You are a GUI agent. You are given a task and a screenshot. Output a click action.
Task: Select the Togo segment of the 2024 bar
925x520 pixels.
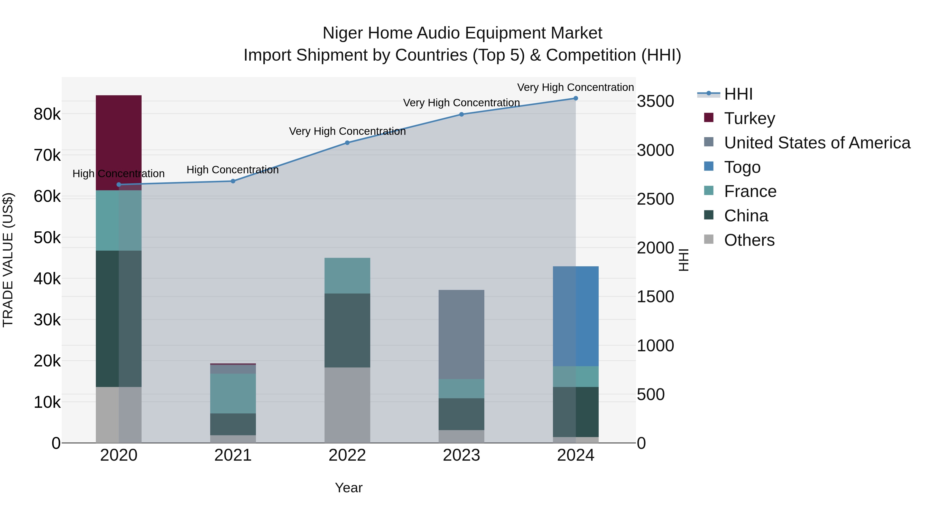pyautogui.click(x=576, y=316)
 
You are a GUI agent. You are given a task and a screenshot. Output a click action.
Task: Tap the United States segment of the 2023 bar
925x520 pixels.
pyautogui.click(x=461, y=334)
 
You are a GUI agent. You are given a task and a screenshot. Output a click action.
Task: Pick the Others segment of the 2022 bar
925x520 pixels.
pyautogui.click(x=347, y=405)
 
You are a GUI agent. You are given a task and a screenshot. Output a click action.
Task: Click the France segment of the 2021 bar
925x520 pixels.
pyautogui.click(x=233, y=393)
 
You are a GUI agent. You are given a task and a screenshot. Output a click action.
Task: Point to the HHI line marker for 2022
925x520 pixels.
pyautogui.click(x=347, y=143)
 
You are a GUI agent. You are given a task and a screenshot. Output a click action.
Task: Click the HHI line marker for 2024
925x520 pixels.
pyautogui.click(x=576, y=98)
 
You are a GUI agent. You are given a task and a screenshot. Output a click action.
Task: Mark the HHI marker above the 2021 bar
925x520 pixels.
pyautogui.click(x=233, y=181)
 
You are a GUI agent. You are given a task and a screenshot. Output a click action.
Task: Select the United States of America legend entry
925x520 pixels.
pyautogui.click(x=817, y=143)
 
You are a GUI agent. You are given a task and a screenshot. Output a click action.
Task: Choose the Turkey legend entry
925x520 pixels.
pyautogui.click(x=750, y=118)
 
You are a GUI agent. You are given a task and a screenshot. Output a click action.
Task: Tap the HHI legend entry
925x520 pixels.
pyautogui.click(x=738, y=94)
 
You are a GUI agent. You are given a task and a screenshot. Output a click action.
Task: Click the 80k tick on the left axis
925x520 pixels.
pyautogui.click(x=47, y=115)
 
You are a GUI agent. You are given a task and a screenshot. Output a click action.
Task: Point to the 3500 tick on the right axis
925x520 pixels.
pyautogui.click(x=655, y=101)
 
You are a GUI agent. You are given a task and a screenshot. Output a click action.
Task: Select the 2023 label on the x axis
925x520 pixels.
pyautogui.click(x=461, y=455)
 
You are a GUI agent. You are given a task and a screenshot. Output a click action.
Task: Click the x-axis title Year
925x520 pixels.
pyautogui.click(x=349, y=488)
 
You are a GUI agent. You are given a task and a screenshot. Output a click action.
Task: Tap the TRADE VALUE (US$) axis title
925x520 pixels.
pyautogui.click(x=8, y=260)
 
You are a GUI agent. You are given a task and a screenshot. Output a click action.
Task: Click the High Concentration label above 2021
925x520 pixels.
pyautogui.click(x=233, y=170)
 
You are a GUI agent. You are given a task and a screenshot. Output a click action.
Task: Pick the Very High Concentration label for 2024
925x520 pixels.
pyautogui.click(x=575, y=87)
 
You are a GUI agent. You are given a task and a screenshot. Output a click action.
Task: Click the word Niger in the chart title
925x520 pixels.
pyautogui.click(x=342, y=33)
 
